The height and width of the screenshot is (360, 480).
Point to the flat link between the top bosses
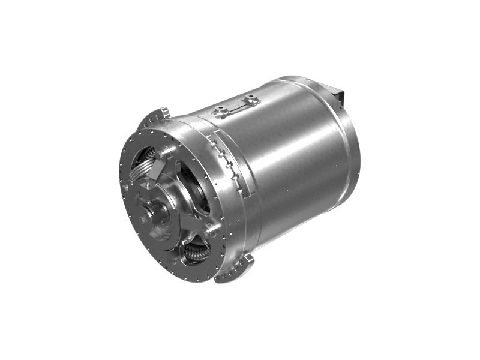[238, 105]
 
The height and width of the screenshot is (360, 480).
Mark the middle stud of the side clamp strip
[229, 164]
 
